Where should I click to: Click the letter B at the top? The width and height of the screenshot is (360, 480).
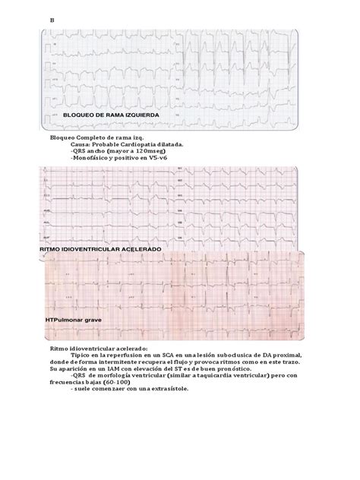click(52, 19)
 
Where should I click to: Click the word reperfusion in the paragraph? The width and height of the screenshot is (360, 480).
click(125, 355)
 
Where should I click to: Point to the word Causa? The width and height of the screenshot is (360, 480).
click(81, 142)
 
